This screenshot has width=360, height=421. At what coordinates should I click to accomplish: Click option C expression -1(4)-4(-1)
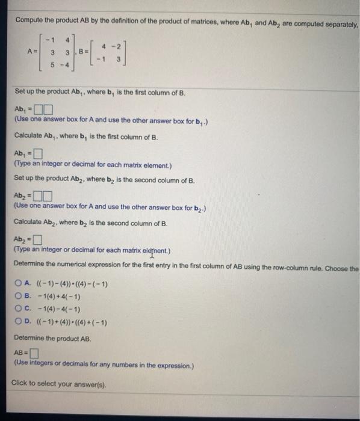coord(58,310)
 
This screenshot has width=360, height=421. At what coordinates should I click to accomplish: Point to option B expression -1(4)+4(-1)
coord(58,297)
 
